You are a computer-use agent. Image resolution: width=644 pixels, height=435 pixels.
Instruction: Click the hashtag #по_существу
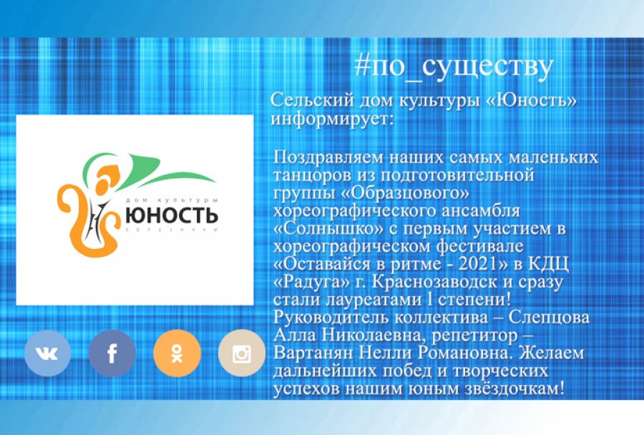click(x=454, y=67)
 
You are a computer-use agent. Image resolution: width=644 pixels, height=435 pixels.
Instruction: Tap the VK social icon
click(x=47, y=353)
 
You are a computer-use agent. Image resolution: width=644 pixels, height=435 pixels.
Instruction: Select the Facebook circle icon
click(x=112, y=353)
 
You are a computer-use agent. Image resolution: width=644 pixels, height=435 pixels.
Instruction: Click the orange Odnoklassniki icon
click(x=177, y=353)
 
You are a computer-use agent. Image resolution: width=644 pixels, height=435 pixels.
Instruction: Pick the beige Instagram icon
click(x=241, y=353)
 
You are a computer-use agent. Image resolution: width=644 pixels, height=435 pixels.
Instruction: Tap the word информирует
click(x=332, y=117)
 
